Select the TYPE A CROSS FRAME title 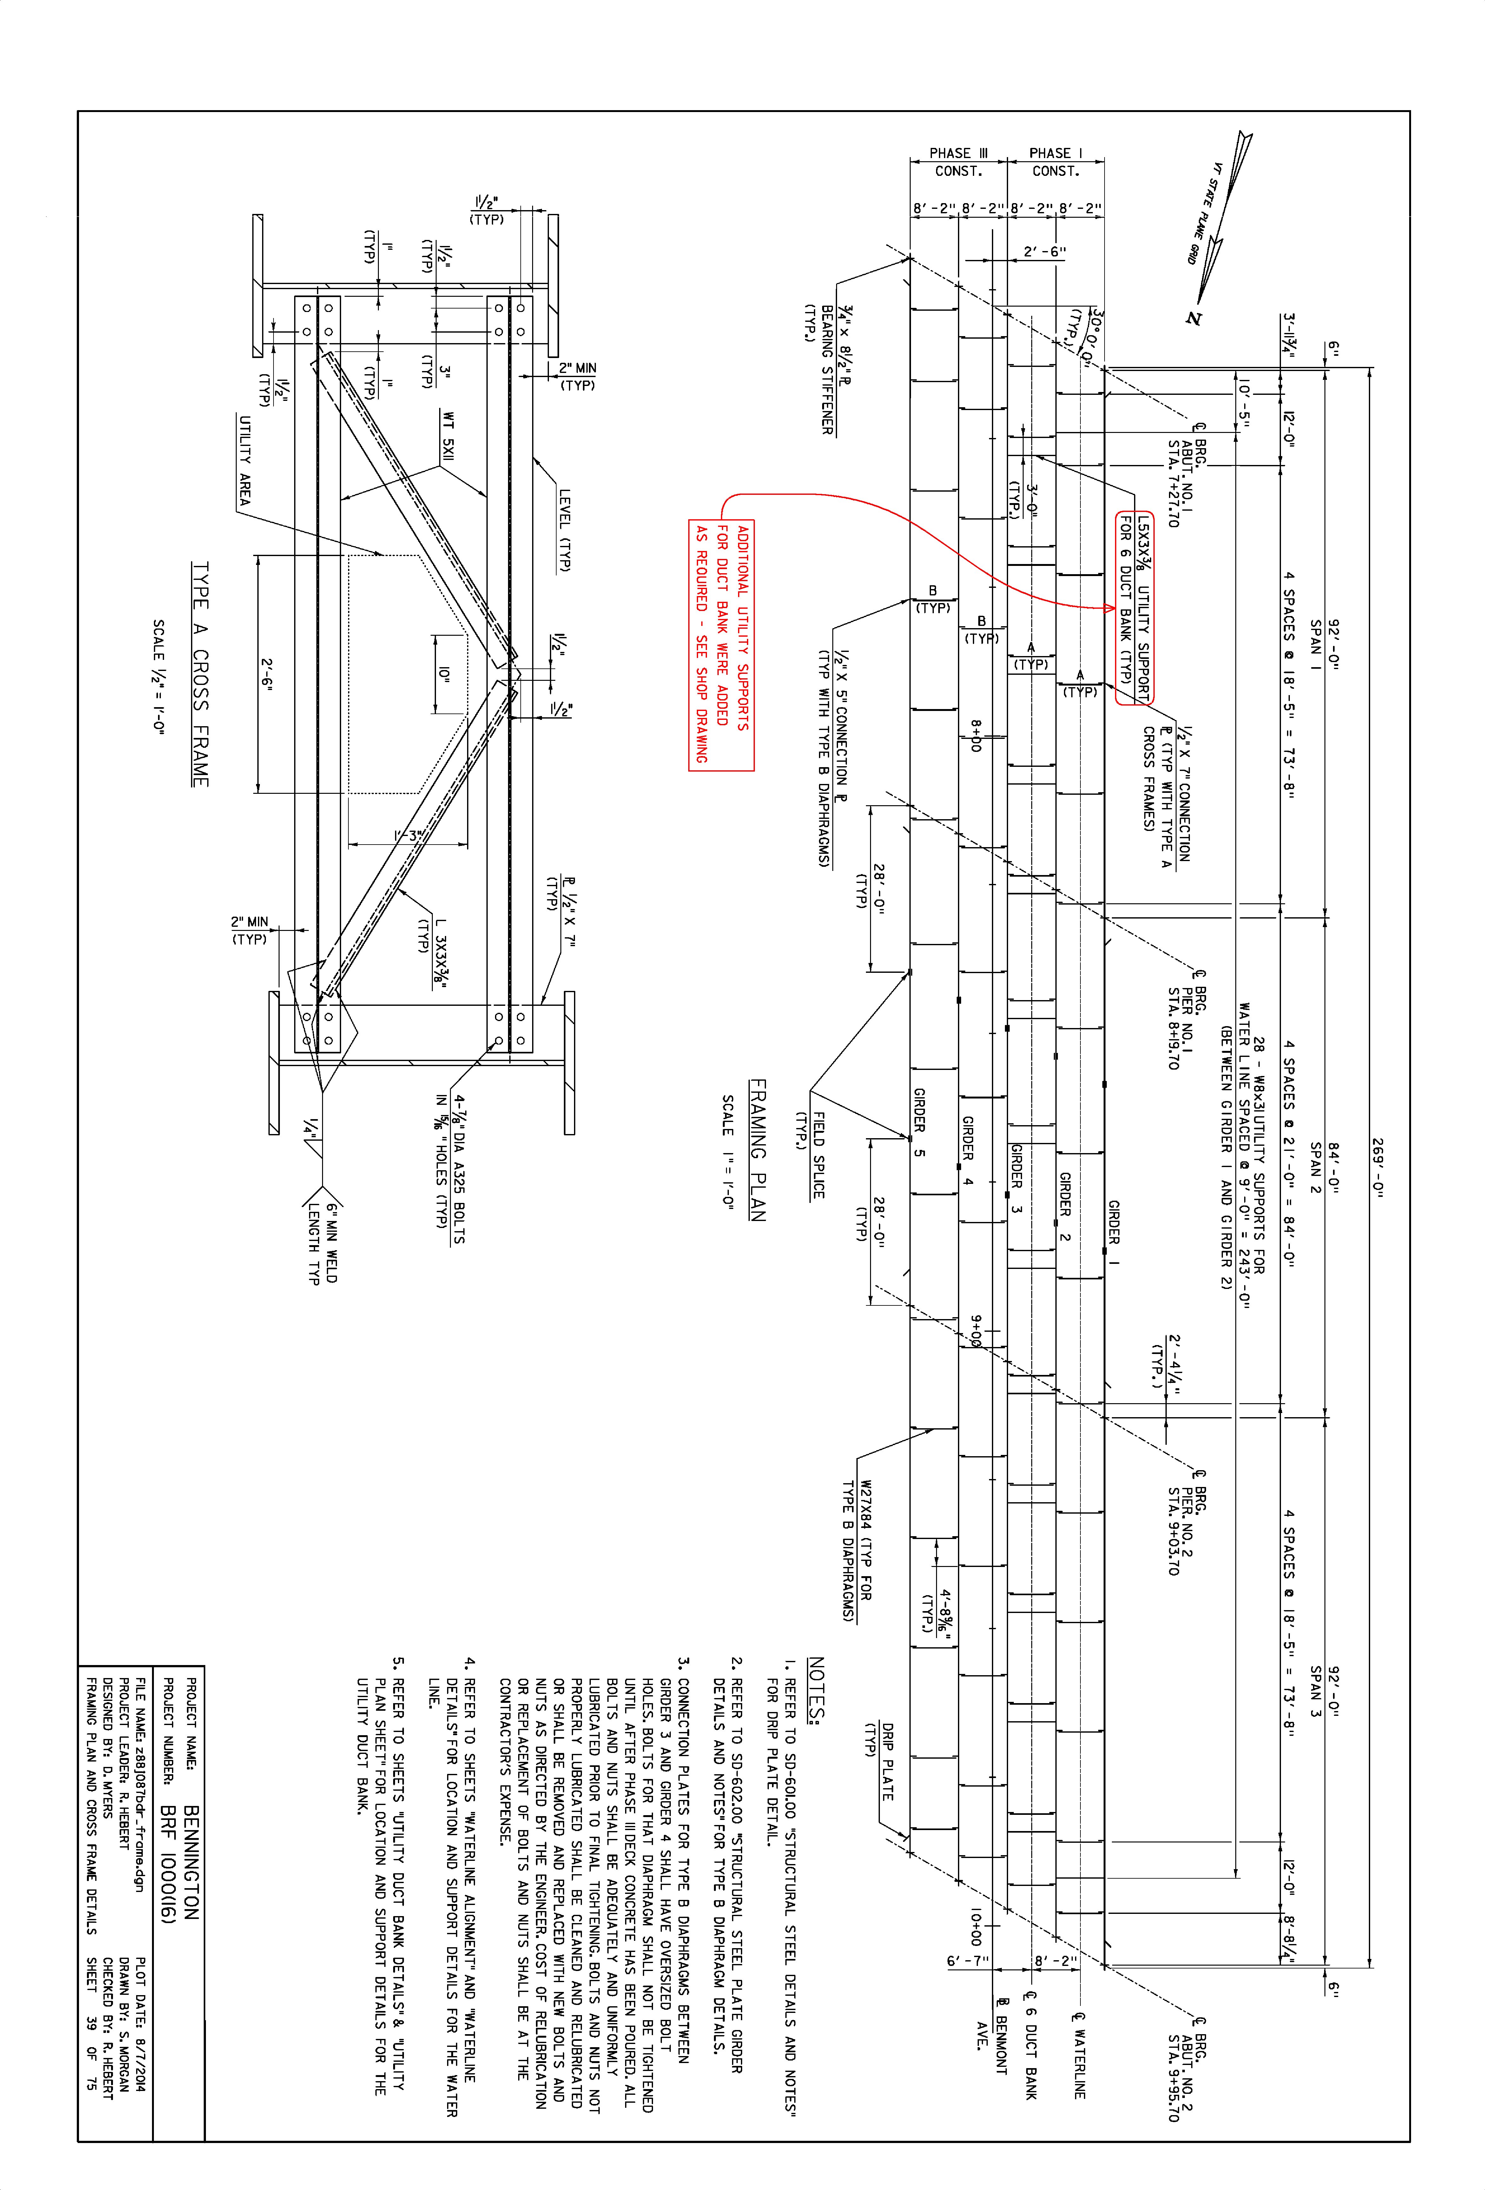click(200, 674)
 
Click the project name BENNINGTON click(191, 1861)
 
